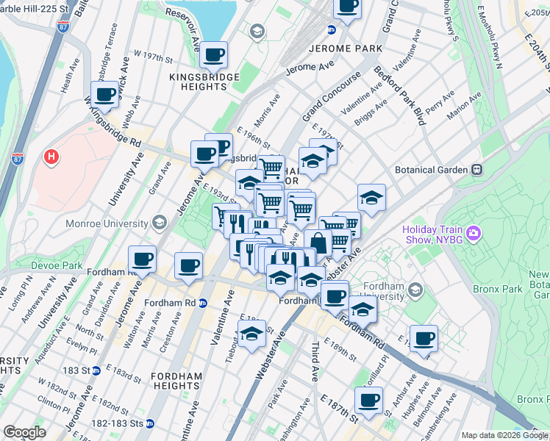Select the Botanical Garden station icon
[x=477, y=169]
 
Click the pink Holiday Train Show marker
[x=473, y=233]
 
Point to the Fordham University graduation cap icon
[x=417, y=288]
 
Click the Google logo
[x=24, y=432]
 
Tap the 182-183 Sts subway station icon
[x=150, y=423]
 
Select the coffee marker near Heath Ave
[x=105, y=93]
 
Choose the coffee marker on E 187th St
[x=368, y=400]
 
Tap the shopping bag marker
[x=318, y=243]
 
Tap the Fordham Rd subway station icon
[x=203, y=302]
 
